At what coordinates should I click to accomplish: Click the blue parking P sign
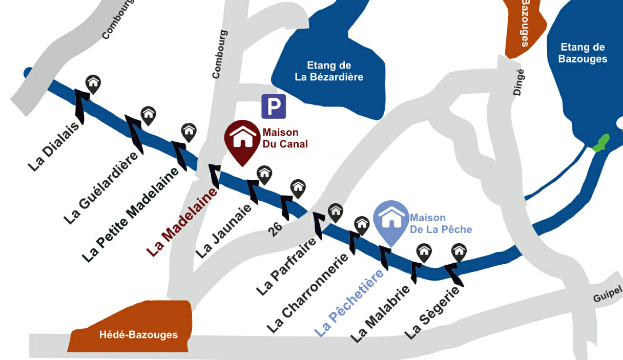(274, 107)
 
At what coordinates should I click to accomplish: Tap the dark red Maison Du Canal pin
(242, 140)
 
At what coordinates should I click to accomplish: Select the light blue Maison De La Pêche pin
(390, 219)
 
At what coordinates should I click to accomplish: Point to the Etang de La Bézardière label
(329, 71)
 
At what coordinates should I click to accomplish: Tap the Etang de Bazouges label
(583, 53)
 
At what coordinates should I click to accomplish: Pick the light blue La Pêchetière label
(349, 303)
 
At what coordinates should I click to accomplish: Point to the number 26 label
(275, 229)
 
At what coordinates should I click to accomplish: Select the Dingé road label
(518, 82)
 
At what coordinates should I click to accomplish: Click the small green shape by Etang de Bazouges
(600, 143)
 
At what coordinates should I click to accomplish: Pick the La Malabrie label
(380, 313)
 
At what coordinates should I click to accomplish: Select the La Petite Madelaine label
(131, 216)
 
